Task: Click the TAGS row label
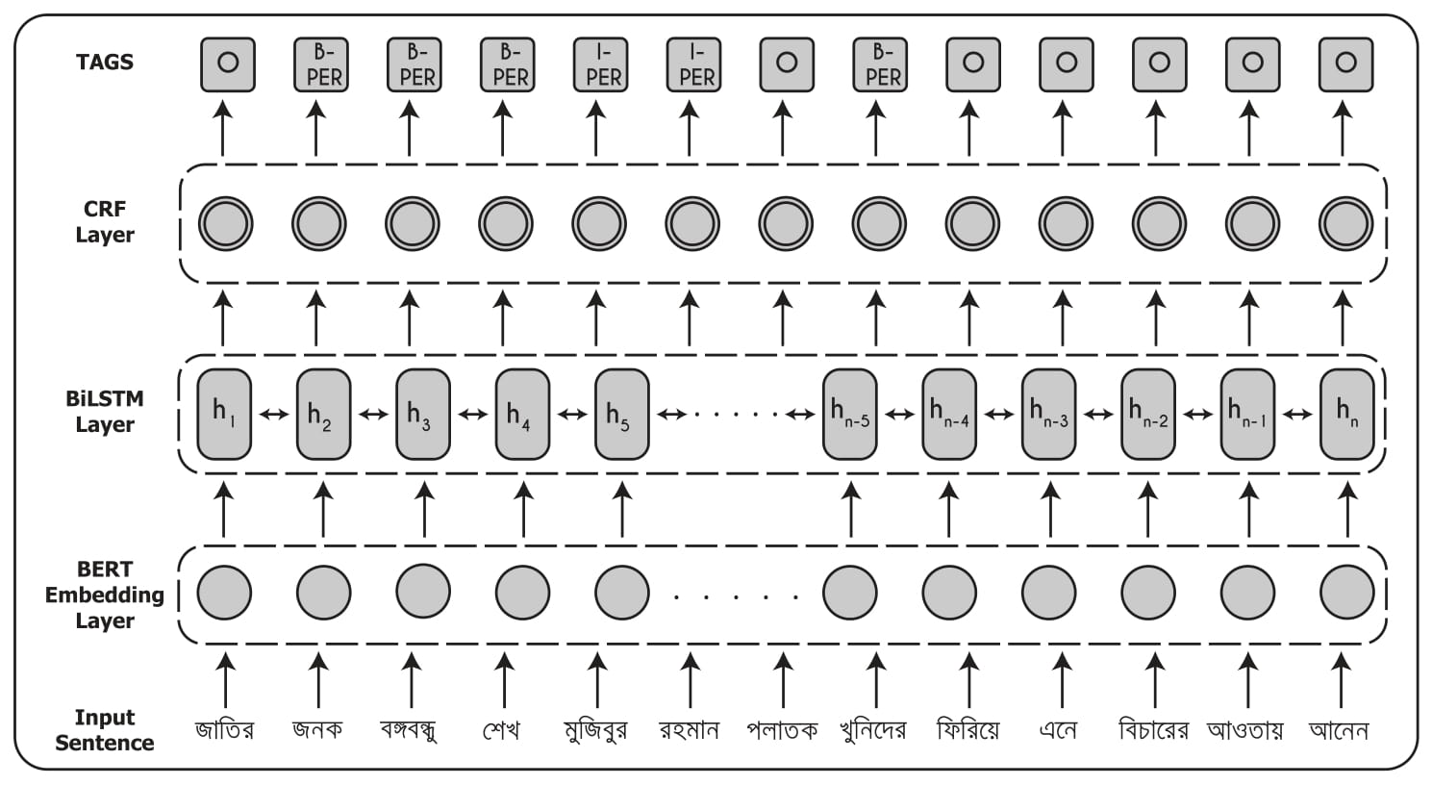[x=104, y=63]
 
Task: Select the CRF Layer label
[x=104, y=222]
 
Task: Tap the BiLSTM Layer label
[x=104, y=412]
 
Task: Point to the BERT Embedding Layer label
[x=104, y=595]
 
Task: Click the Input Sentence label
[x=104, y=729]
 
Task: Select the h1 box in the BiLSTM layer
[x=224, y=414]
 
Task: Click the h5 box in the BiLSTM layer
[x=622, y=414]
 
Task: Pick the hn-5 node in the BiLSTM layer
[x=850, y=414]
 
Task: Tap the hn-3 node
[x=1048, y=414]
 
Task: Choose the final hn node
[x=1346, y=414]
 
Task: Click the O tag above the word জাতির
[x=228, y=64]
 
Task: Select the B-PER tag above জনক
[x=321, y=64]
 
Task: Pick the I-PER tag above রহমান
[x=694, y=64]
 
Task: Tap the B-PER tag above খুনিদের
[x=880, y=64]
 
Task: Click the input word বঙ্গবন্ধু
[x=409, y=730]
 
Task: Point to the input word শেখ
[x=501, y=730]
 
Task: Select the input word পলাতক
[x=782, y=730]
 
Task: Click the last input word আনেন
[x=1339, y=730]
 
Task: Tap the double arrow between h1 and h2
[x=274, y=415]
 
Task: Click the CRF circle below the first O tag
[x=226, y=224]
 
